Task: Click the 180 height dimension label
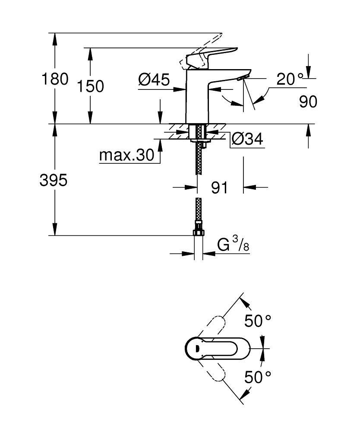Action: (55, 79)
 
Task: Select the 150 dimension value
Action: (91, 86)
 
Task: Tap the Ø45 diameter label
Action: (154, 80)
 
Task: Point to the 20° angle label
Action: (290, 79)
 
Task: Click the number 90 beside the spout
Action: (308, 102)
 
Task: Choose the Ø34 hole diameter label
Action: (247, 139)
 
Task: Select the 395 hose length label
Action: (54, 181)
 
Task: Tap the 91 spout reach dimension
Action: (219, 188)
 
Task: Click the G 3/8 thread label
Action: (233, 245)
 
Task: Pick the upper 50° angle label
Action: (258, 321)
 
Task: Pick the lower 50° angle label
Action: (258, 377)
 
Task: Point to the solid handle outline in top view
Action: (218, 348)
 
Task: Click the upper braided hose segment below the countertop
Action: (199, 160)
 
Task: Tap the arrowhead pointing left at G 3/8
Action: (209, 254)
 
